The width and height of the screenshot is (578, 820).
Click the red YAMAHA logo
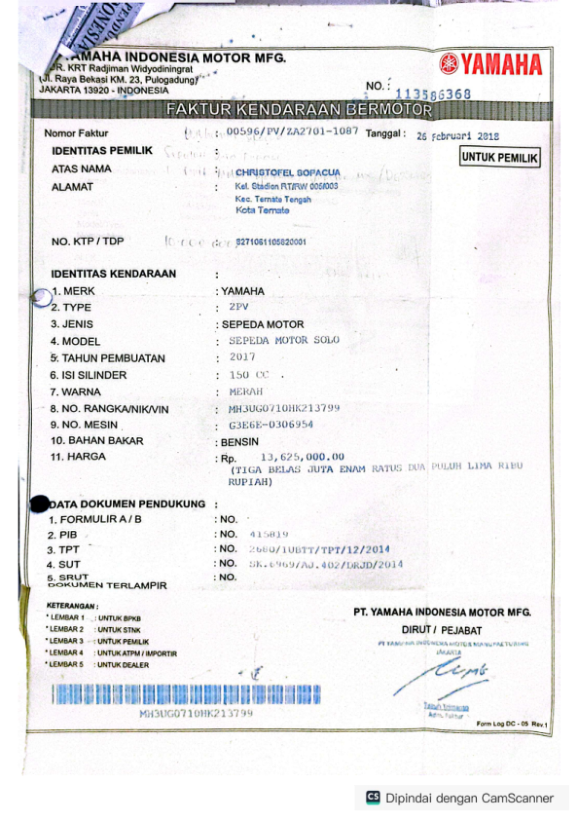point(491,65)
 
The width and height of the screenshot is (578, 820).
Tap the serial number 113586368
point(433,94)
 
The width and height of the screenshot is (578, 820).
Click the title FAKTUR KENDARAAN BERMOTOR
point(299,110)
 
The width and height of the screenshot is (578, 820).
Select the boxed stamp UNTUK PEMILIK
point(499,158)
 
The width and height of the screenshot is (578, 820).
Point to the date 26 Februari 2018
point(458,136)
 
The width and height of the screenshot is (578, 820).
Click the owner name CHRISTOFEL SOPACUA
point(288,173)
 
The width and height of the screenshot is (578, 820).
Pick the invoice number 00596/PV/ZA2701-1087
point(292,131)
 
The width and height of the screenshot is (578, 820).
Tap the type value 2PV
point(239,307)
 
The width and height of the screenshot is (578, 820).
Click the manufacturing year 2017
point(242,357)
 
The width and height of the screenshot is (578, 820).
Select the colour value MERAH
point(246,391)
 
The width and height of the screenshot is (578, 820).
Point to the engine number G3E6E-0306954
point(271,425)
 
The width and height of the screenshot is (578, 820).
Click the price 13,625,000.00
point(302,457)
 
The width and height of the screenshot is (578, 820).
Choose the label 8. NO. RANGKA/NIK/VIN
point(109,409)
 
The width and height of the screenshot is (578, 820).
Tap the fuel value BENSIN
point(239,442)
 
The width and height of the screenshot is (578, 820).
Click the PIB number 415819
point(269,534)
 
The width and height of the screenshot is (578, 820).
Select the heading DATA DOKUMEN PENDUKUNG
point(127,504)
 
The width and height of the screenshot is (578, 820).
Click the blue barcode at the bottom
point(186,694)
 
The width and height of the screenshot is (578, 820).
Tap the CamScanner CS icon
point(373,797)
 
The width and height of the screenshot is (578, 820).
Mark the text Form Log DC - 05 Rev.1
point(512,724)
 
